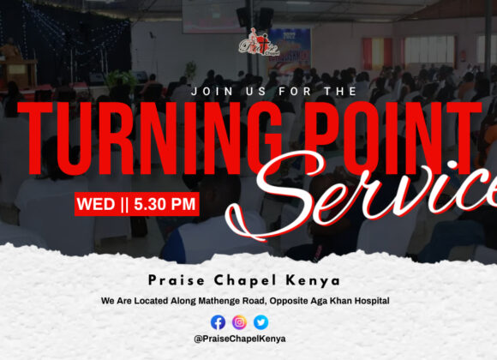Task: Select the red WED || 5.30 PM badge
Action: click(x=137, y=204)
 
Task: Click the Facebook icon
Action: click(x=218, y=322)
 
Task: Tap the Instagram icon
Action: click(x=239, y=322)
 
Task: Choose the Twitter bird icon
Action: click(x=260, y=322)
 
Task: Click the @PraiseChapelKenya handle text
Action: click(x=240, y=339)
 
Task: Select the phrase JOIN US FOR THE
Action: click(x=249, y=89)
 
